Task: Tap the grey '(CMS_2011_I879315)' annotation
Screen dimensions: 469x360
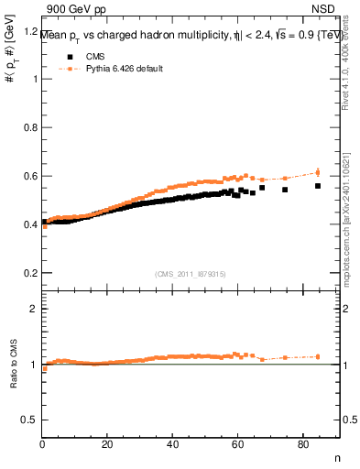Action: pyautogui.click(x=191, y=272)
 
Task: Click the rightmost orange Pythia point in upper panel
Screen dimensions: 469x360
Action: pyautogui.click(x=318, y=172)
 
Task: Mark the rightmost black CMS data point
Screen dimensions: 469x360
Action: pyautogui.click(x=318, y=186)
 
